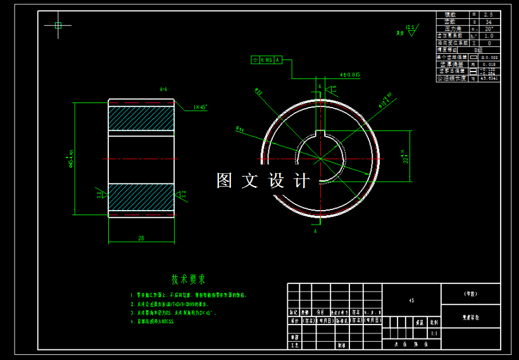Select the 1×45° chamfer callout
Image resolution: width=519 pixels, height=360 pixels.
(x=200, y=108)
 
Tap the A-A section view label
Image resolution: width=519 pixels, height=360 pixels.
(x=163, y=89)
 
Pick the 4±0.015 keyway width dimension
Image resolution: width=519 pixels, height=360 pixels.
(x=349, y=75)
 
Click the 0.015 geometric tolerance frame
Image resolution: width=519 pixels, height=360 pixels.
(x=271, y=60)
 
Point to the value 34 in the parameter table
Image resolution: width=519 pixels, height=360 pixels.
(x=488, y=22)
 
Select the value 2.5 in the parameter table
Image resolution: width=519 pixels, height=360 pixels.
(x=488, y=15)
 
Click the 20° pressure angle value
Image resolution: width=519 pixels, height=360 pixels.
(x=488, y=29)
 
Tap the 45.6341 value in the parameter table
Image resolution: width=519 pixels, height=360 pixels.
(x=489, y=78)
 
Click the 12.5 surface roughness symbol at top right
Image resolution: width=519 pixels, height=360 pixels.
(x=410, y=28)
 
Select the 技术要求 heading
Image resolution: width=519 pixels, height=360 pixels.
(x=189, y=279)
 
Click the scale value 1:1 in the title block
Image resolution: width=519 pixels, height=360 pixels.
(x=434, y=333)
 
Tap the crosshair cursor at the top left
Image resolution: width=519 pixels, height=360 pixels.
(x=58, y=25)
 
